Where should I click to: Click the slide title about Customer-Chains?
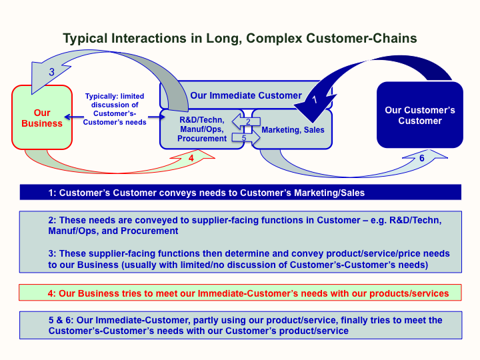click(x=240, y=39)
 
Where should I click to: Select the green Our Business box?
click(x=42, y=117)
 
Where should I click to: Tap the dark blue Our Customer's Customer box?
click(x=420, y=115)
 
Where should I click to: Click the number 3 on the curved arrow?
click(x=52, y=72)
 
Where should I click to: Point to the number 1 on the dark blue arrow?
click(x=315, y=100)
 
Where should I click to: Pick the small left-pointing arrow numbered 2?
click(x=246, y=121)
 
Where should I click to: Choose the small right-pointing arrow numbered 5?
click(x=246, y=138)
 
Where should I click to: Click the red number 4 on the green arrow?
click(x=191, y=158)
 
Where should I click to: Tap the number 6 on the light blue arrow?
click(x=422, y=158)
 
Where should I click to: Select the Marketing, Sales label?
click(x=293, y=130)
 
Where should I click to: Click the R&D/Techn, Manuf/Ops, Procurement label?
click(x=202, y=129)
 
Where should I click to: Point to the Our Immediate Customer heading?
click(x=246, y=95)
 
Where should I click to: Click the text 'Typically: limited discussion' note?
click(x=115, y=109)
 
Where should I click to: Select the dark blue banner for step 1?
click(x=241, y=192)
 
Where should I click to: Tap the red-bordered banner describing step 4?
click(x=240, y=293)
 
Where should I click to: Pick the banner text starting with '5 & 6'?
click(x=245, y=325)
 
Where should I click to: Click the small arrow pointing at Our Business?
click(x=74, y=117)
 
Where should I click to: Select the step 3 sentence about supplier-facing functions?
click(x=249, y=259)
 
